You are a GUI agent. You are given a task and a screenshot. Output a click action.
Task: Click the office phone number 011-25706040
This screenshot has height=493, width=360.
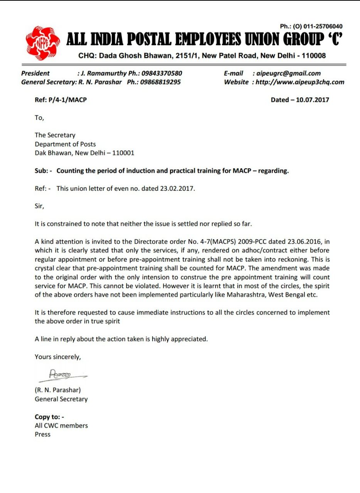(323, 26)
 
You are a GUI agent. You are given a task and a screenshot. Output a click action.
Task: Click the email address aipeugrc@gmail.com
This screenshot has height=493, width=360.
(289, 73)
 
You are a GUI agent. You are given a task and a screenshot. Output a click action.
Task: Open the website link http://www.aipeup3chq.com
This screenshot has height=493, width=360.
(300, 82)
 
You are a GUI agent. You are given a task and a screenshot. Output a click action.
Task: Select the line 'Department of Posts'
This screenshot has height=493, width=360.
(65, 144)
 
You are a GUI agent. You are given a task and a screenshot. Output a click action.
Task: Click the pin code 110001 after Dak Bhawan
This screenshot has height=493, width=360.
(123, 153)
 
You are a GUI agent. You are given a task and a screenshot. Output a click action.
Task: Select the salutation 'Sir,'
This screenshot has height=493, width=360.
(39, 206)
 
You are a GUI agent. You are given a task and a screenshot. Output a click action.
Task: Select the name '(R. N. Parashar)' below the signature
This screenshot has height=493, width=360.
(58, 390)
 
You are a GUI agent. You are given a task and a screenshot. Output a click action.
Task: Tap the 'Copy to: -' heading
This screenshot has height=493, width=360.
(49, 417)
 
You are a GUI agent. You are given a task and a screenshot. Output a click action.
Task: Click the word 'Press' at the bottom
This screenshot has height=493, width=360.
(42, 434)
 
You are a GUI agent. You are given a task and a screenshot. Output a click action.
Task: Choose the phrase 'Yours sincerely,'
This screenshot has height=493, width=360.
(58, 357)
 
